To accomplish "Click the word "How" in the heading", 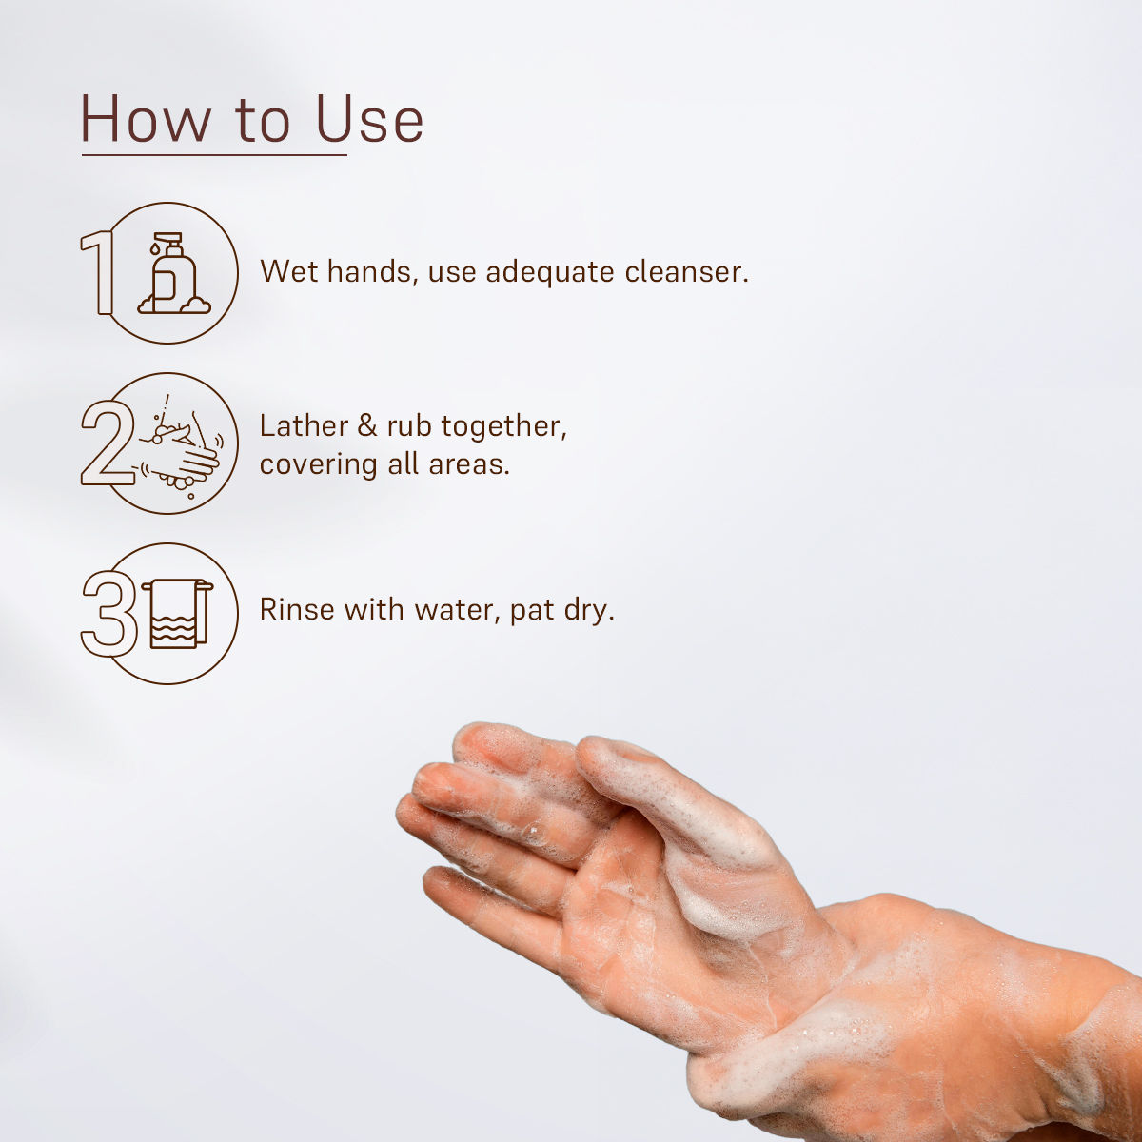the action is coord(146,119).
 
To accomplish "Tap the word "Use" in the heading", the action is coord(370,119).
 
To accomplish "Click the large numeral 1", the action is coord(98,272).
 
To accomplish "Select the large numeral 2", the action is coord(107,443).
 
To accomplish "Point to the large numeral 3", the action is coord(109,614).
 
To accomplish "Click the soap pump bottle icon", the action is coord(173,272).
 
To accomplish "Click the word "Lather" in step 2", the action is coord(304,425).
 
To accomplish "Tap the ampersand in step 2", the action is coord(367,426).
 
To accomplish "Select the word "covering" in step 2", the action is coord(318,465).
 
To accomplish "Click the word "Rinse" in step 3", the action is coord(297,609).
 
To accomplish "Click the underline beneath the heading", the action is coord(214,155).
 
